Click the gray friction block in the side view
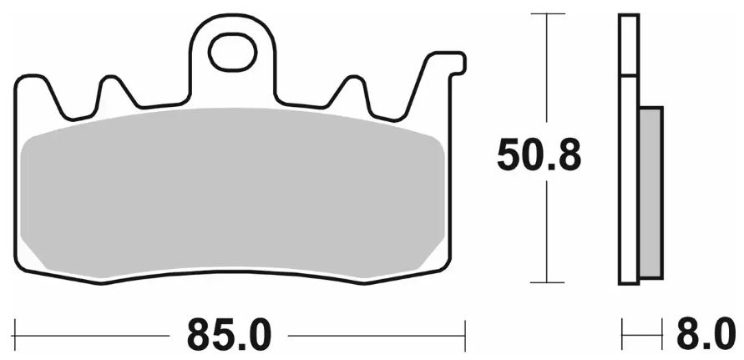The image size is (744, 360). (650, 192)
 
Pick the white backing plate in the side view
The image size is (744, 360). (628, 150)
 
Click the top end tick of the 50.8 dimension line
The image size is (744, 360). (546, 15)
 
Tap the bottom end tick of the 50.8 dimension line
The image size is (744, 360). (546, 284)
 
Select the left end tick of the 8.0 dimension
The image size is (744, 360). (621, 336)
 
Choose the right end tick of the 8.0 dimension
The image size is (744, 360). (663, 336)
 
